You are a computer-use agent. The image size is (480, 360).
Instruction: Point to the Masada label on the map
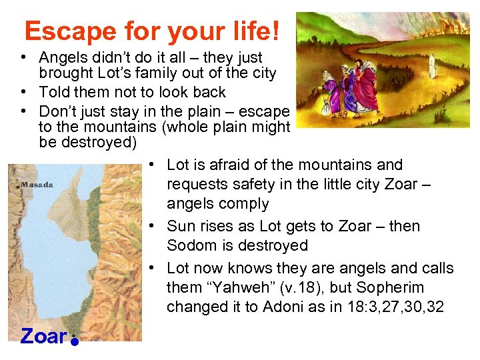point(37,185)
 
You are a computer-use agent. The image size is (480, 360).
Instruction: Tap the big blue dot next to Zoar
point(75,341)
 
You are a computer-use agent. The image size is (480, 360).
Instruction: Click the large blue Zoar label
point(43,337)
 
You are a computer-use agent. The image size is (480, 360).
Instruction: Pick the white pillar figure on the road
point(431,65)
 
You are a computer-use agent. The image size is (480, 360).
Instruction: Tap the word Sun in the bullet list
point(181,226)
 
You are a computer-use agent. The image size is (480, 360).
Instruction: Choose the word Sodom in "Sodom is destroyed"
point(189,245)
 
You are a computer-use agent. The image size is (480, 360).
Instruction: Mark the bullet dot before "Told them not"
point(23,93)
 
